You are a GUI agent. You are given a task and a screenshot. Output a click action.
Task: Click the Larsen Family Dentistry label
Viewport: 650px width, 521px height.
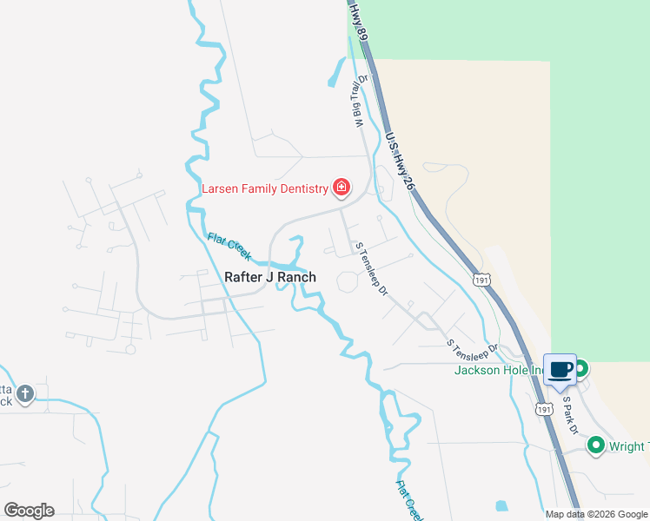(264, 188)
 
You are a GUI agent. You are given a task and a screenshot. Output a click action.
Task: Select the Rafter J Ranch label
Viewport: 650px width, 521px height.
(269, 277)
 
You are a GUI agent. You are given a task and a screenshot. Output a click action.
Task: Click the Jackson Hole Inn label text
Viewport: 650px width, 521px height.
(500, 371)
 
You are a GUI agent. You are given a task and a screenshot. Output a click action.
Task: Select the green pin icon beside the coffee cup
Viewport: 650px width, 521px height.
(580, 369)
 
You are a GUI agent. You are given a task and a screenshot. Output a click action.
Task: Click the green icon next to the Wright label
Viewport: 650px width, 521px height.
(596, 446)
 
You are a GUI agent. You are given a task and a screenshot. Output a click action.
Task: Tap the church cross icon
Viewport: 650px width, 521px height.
(24, 393)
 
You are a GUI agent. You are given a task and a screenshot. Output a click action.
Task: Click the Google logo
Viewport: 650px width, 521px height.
(29, 511)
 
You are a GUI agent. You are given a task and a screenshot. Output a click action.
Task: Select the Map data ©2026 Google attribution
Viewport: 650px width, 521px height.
(596, 514)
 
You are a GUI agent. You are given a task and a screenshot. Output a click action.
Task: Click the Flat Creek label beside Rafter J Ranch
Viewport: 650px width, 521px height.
(229, 247)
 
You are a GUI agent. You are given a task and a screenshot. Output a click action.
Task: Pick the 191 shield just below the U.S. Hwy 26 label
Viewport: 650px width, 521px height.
(482, 280)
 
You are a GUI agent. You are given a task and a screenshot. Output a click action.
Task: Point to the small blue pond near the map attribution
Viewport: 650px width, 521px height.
(501, 505)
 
